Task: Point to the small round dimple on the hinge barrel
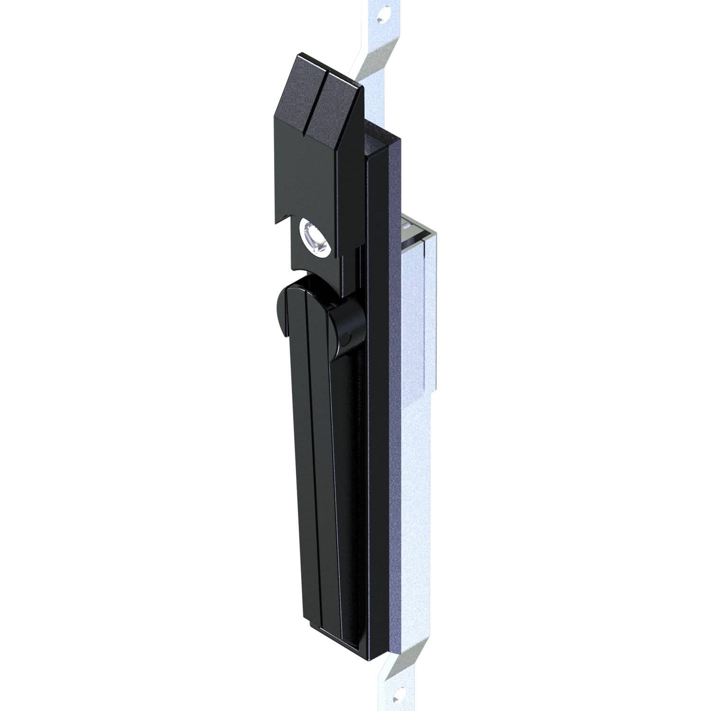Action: [347, 339]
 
